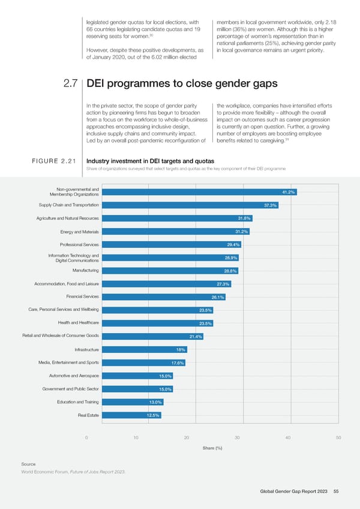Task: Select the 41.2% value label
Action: pyautogui.click(x=289, y=192)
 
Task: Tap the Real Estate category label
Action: pyautogui.click(x=89, y=415)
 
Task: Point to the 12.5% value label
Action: pyautogui.click(x=154, y=415)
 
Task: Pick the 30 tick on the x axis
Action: pyautogui.click(x=238, y=437)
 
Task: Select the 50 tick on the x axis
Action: pyautogui.click(x=339, y=437)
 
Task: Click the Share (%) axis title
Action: pyautogui.click(x=212, y=448)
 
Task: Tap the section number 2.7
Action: pyautogui.click(x=71, y=84)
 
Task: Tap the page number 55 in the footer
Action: pyautogui.click(x=337, y=492)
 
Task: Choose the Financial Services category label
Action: pyautogui.click(x=79, y=297)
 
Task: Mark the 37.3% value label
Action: pyautogui.click(x=270, y=205)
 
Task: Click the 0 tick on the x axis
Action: pyautogui.click(x=88, y=437)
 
